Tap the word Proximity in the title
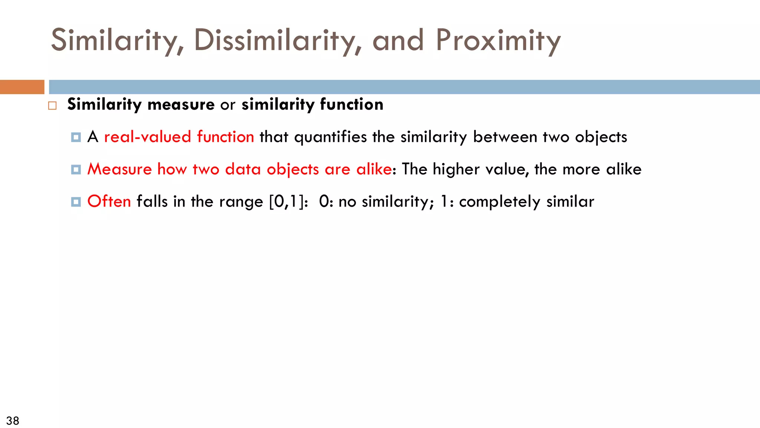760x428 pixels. coord(498,40)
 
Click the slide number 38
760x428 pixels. coord(13,421)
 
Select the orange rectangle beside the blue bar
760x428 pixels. coord(22,87)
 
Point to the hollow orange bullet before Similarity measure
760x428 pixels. coord(52,106)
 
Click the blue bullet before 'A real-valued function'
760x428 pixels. coord(76,137)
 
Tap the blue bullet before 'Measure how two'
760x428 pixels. coord(76,170)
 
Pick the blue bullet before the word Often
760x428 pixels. coord(76,202)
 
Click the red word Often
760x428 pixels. coord(109,201)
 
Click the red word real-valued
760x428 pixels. coord(147,137)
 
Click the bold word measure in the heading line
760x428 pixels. coord(181,104)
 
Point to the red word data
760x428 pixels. coord(243,169)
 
